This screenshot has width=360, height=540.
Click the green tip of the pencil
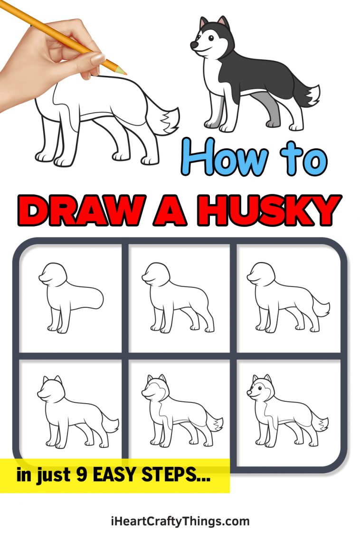click(123, 72)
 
